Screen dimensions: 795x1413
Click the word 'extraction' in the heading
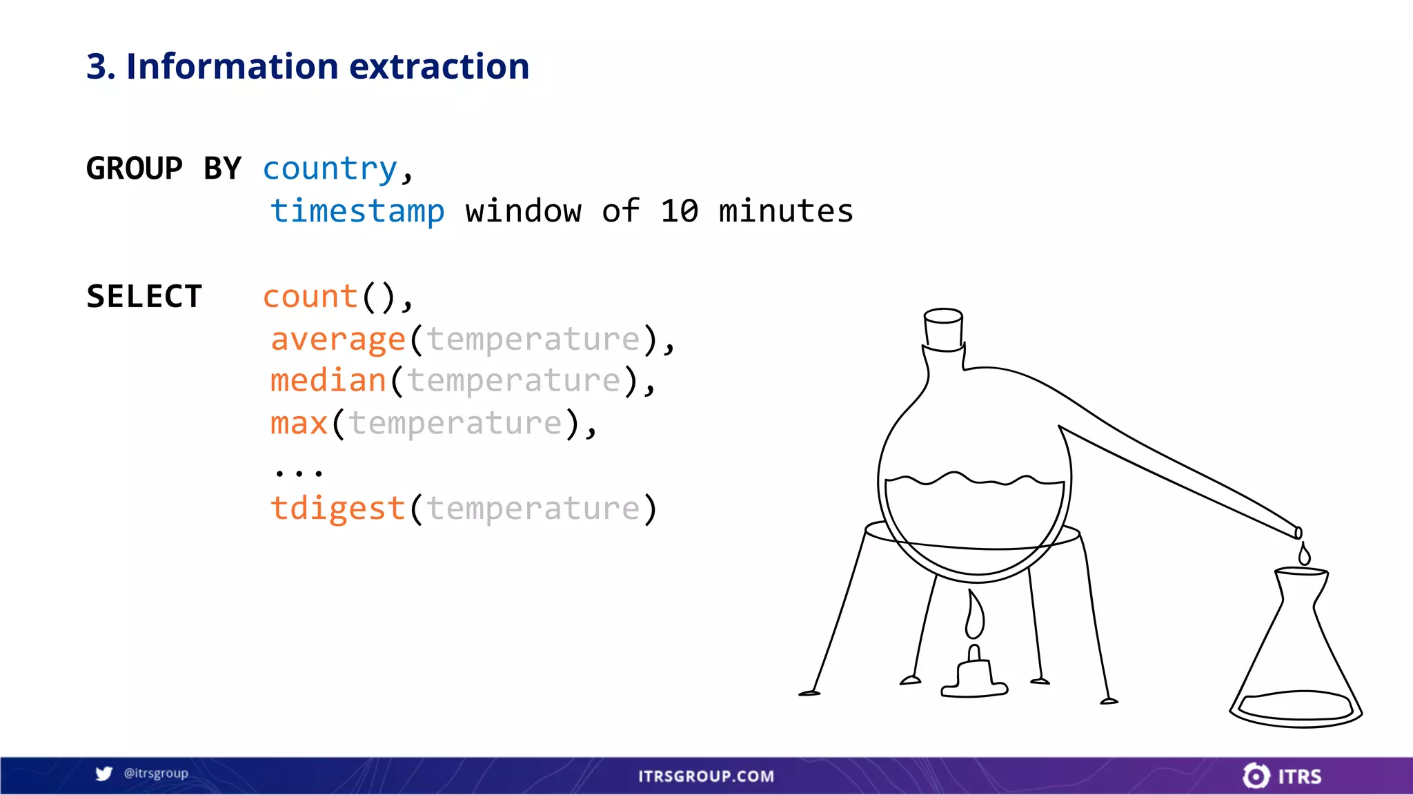[x=439, y=67]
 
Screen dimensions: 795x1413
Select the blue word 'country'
[x=330, y=169]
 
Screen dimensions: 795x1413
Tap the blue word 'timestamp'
[x=357, y=211]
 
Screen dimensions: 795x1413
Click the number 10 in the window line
[x=679, y=211]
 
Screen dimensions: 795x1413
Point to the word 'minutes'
[x=786, y=211]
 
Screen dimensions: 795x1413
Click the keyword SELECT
[x=144, y=297]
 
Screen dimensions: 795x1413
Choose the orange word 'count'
[x=310, y=297]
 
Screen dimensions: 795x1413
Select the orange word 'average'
[x=338, y=340]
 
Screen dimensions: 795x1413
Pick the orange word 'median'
[x=328, y=381]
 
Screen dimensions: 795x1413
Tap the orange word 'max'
[x=299, y=424]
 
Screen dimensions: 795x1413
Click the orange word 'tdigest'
[x=338, y=509]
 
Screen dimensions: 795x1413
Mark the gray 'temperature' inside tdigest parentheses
[x=533, y=509]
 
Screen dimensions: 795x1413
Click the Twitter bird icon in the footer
[x=104, y=774]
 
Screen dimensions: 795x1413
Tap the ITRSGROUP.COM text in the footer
[x=706, y=776]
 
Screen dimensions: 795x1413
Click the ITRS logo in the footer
[x=1282, y=776]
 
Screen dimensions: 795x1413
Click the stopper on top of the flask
[x=943, y=329]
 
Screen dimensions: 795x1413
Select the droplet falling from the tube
[x=1304, y=555]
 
